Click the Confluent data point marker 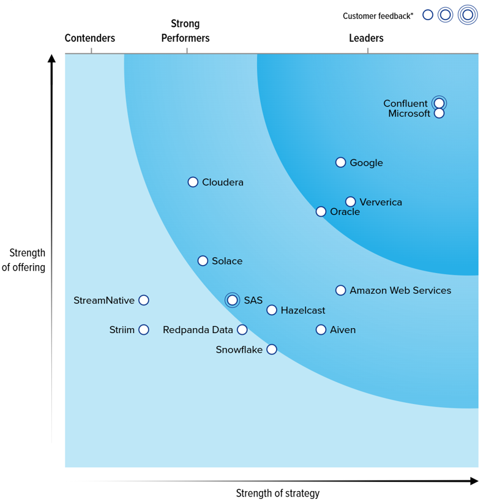(x=439, y=103)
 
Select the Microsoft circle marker (x=439, y=113)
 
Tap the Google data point (x=340, y=162)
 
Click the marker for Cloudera (x=193, y=182)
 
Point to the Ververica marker (x=350, y=201)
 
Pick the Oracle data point (x=321, y=212)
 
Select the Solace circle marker (x=203, y=261)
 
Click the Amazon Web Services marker (x=340, y=290)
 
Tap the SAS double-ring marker (x=232, y=300)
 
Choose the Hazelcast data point (x=272, y=310)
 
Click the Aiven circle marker (x=321, y=329)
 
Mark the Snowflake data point (x=272, y=349)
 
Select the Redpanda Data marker (x=242, y=329)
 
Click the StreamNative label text (x=103, y=300)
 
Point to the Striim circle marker (x=143, y=329)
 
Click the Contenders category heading (x=90, y=38)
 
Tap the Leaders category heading (x=366, y=38)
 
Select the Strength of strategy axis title (x=278, y=493)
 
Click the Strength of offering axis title (x=24, y=260)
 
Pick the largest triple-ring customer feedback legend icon (x=468, y=15)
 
